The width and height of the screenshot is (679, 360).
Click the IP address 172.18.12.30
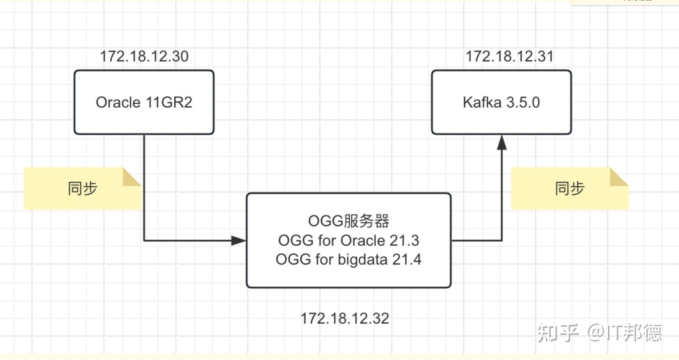click(x=144, y=56)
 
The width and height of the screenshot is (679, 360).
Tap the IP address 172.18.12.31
click(x=509, y=56)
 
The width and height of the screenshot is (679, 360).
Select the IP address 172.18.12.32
click(x=345, y=318)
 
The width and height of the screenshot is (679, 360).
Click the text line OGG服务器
click(x=348, y=221)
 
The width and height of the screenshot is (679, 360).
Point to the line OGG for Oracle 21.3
click(x=348, y=240)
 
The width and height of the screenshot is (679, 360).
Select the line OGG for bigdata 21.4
click(x=348, y=259)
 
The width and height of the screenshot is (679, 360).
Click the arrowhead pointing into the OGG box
click(x=238, y=241)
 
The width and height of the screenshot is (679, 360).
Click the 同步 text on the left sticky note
click(x=82, y=188)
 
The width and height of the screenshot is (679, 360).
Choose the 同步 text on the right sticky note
click(x=570, y=188)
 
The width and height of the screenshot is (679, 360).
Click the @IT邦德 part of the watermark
click(x=624, y=333)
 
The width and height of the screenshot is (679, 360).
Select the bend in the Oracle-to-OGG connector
click(x=144, y=240)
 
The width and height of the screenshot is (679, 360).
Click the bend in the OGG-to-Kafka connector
click(x=502, y=240)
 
